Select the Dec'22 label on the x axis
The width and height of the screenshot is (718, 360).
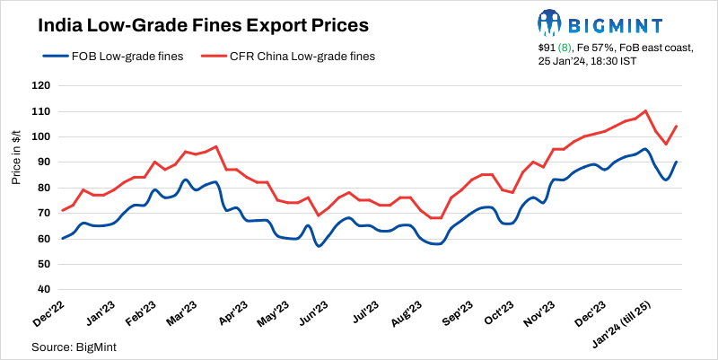click(x=49, y=312)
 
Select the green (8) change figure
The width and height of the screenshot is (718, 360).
click(x=566, y=45)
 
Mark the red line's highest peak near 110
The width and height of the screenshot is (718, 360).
click(x=646, y=111)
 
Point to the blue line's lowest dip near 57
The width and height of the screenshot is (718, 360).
click(x=318, y=246)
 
